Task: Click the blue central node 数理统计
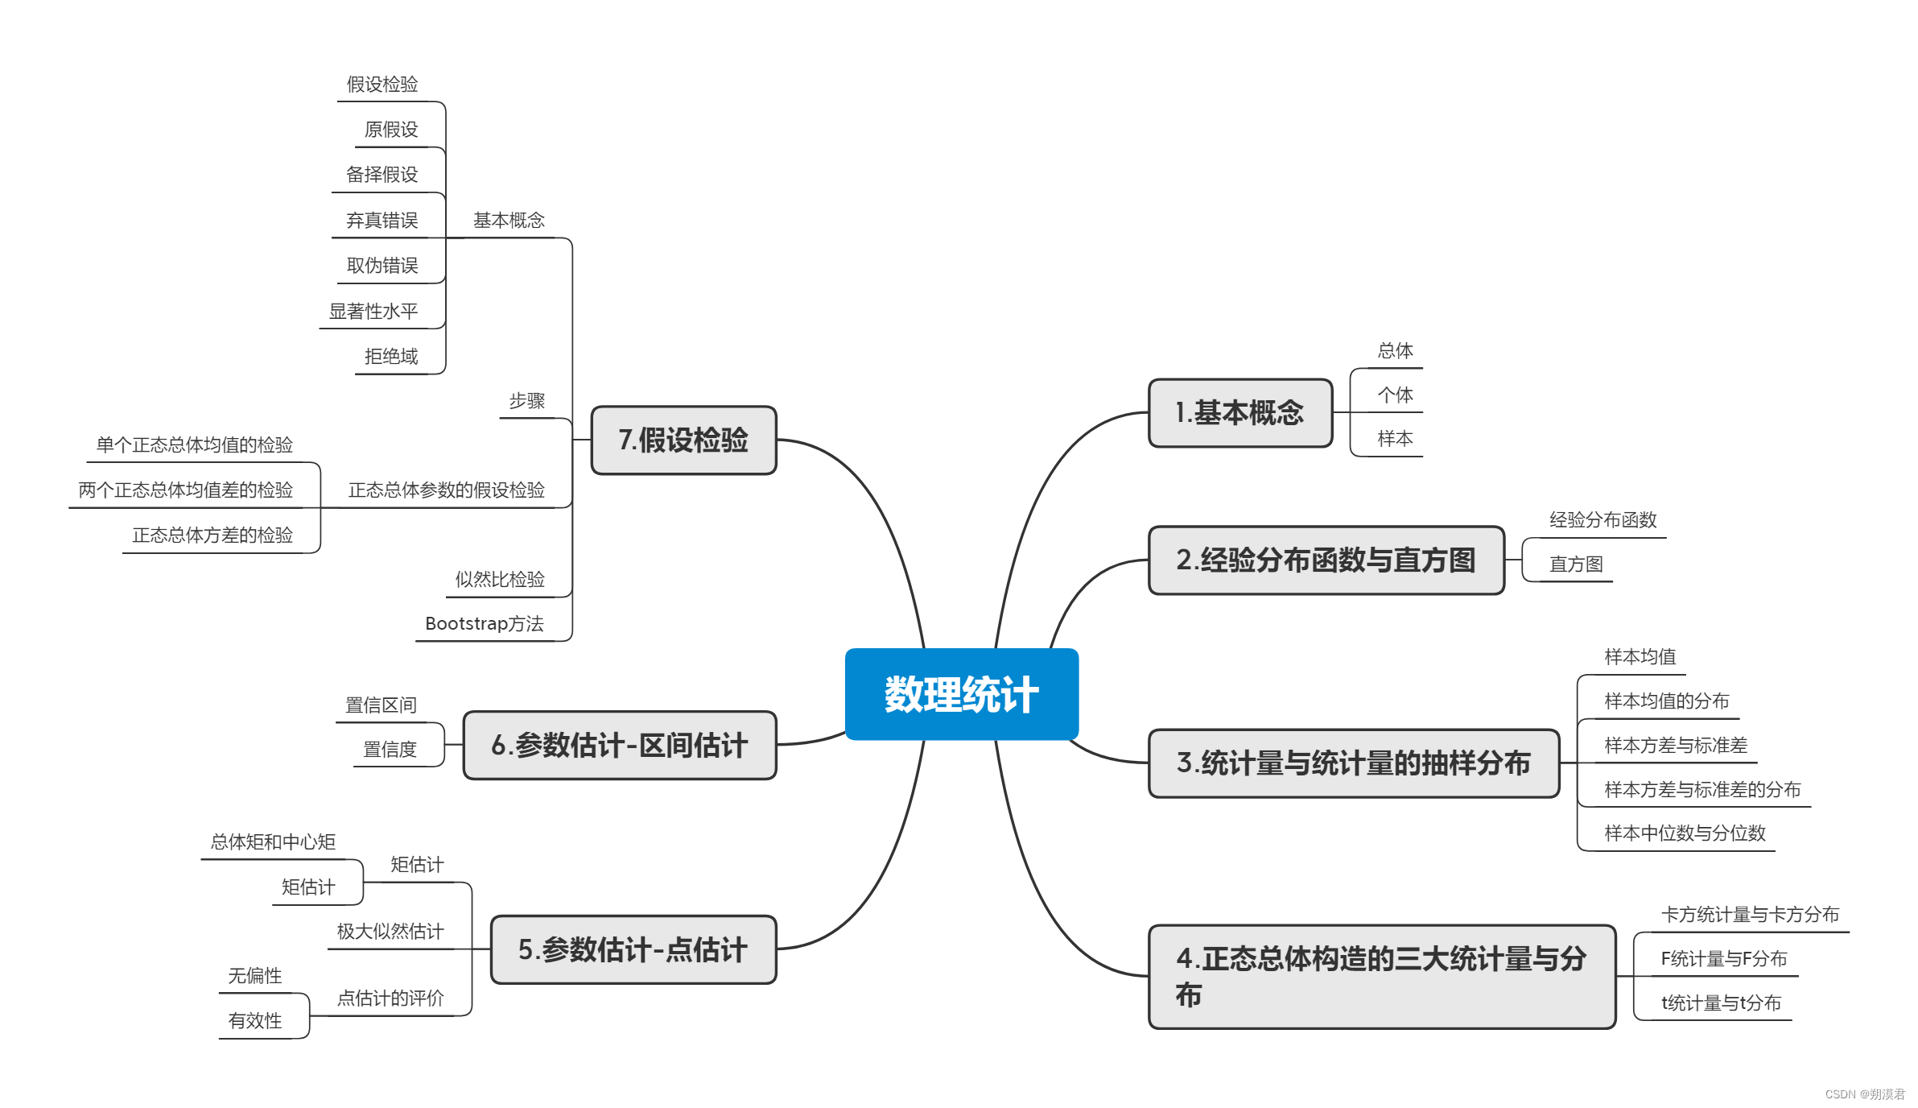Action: pos(961,694)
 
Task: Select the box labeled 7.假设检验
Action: pos(683,440)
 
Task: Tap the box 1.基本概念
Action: pos(1239,413)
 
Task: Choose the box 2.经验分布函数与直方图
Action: pos(1326,560)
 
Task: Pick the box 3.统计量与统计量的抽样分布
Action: pos(1353,763)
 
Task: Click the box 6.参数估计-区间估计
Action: pos(619,746)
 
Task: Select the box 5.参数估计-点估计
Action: pos(633,950)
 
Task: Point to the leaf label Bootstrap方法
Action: pos(484,624)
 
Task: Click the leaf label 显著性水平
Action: pos(373,312)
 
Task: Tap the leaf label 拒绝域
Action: pos(391,357)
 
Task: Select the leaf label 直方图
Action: pos(1576,564)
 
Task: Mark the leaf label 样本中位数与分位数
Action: pos(1685,833)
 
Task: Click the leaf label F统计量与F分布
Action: pos(1723,959)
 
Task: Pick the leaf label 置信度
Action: pos(390,750)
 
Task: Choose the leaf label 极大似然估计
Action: pos(390,932)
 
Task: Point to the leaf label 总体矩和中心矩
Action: pos(273,842)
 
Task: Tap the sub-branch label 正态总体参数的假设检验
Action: pos(446,490)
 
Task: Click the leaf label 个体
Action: pos(1395,395)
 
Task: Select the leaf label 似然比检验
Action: pos(500,580)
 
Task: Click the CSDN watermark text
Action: pos(1864,1094)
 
